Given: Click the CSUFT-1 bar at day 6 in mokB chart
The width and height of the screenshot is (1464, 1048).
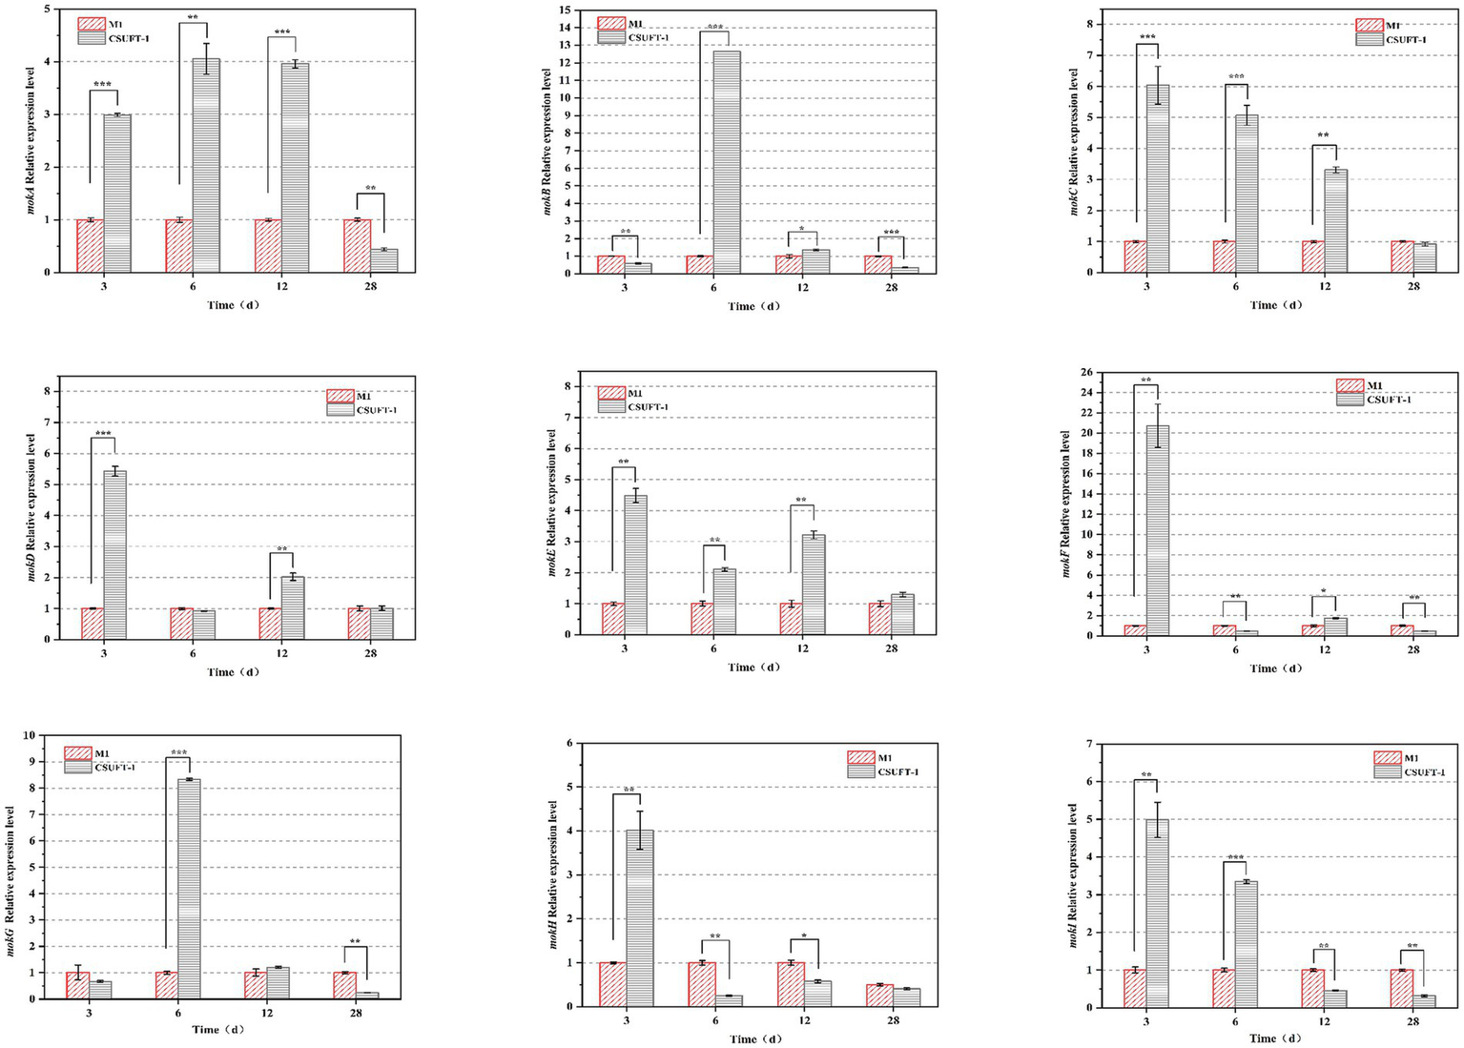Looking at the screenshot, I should pyautogui.click(x=727, y=162).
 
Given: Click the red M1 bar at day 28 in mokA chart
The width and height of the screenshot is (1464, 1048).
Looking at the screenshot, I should pyautogui.click(x=357, y=246).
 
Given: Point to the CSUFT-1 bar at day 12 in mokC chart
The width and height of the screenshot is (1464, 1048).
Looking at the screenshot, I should pyautogui.click(x=1336, y=221).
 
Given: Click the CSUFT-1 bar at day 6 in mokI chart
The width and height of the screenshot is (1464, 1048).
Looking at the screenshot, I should pyautogui.click(x=1246, y=944).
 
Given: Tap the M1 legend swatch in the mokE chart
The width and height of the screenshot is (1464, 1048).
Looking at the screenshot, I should pyautogui.click(x=611, y=393).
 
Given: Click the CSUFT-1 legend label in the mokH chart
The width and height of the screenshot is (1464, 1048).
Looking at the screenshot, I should pyautogui.click(x=897, y=771).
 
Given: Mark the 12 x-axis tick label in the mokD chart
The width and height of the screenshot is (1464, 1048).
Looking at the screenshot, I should pyautogui.click(x=281, y=653).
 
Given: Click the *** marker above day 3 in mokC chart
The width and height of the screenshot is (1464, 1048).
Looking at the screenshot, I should pyautogui.click(x=1147, y=37).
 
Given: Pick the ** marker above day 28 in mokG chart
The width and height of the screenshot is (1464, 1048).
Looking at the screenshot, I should pyautogui.click(x=356, y=941).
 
